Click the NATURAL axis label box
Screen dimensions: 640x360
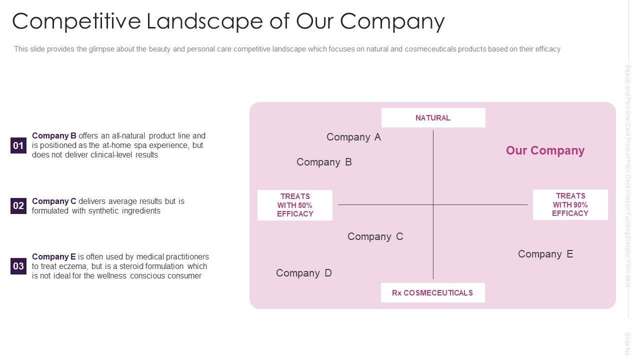[x=433, y=118]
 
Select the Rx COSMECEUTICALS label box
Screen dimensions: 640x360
[x=432, y=293]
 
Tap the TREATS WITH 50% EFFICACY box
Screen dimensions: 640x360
[x=295, y=205]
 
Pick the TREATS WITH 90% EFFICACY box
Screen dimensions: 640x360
[x=570, y=204]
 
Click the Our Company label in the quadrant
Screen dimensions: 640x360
[x=545, y=150]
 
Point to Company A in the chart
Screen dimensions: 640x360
[x=353, y=137]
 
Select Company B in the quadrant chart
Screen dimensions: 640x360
[x=324, y=162]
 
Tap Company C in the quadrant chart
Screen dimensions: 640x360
[x=375, y=236]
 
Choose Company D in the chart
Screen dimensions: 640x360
[x=303, y=273]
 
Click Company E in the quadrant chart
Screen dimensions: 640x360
[x=545, y=254]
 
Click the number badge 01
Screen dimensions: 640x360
[x=18, y=145]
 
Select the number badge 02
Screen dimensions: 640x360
[x=18, y=205]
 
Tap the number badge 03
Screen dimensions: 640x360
[x=18, y=266]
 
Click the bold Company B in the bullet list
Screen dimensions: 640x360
[x=54, y=135]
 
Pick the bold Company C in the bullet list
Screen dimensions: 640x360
[x=54, y=201]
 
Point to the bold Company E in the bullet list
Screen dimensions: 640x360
[x=54, y=256]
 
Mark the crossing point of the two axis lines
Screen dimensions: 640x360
[x=433, y=204]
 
